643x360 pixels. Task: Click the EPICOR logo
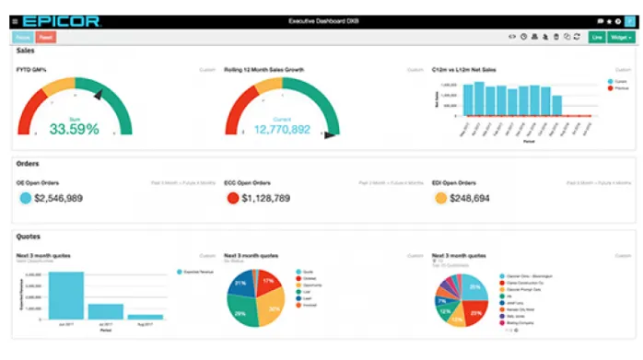click(59, 20)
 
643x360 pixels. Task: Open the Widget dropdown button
click(622, 38)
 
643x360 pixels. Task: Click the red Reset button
click(46, 38)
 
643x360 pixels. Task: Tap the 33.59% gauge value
click(74, 129)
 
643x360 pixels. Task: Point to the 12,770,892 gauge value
click(282, 129)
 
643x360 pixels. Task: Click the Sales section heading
click(27, 52)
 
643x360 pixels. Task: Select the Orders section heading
click(29, 164)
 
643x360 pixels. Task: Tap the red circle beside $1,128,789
click(233, 198)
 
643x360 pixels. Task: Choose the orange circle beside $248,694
click(440, 198)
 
